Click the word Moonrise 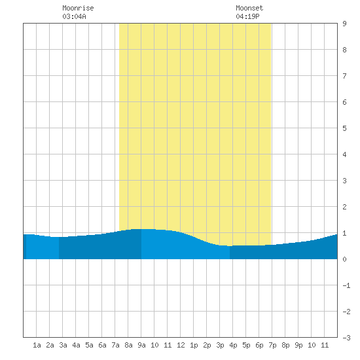[78, 8]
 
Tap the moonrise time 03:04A [74, 16]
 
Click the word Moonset [249, 8]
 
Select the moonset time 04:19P [247, 16]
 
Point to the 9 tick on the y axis [344, 24]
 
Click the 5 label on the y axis [344, 128]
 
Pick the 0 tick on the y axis [344, 259]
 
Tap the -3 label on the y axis [346, 338]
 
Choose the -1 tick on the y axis [346, 285]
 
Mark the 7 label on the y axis [344, 76]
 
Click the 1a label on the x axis [37, 345]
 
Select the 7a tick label [115, 345]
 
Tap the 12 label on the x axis [181, 345]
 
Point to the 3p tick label [220, 345]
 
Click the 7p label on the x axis [272, 345]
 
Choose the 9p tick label [298, 345]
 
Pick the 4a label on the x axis [76, 345]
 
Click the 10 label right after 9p [312, 345]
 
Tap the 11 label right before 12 [168, 345]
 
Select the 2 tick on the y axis [344, 207]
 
